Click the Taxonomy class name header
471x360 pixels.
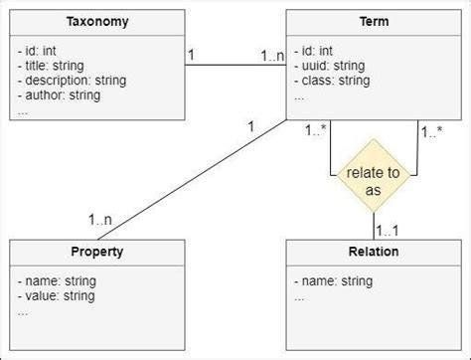click(96, 22)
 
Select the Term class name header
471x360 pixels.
click(373, 22)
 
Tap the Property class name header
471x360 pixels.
click(96, 252)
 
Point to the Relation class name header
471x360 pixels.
click(373, 252)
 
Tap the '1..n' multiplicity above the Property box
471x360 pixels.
click(100, 220)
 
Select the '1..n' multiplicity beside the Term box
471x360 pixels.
click(272, 57)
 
